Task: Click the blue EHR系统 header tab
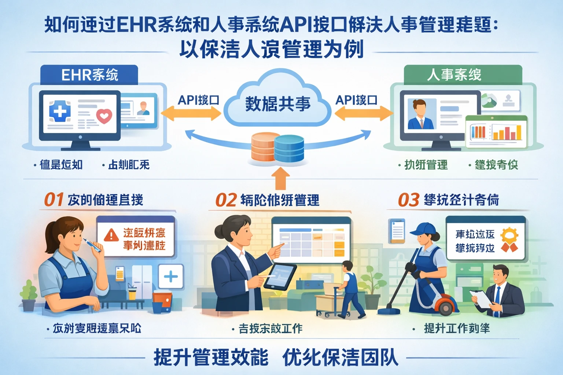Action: (89, 75)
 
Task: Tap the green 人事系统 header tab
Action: (463, 75)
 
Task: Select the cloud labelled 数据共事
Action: (277, 103)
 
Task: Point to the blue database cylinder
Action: (289, 148)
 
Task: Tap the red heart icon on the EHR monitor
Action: (104, 116)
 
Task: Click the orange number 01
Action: (54, 200)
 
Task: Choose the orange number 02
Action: (226, 200)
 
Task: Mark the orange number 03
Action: (408, 200)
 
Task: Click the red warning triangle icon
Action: (111, 235)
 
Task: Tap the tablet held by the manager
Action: (280, 276)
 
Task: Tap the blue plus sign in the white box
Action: (171, 276)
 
